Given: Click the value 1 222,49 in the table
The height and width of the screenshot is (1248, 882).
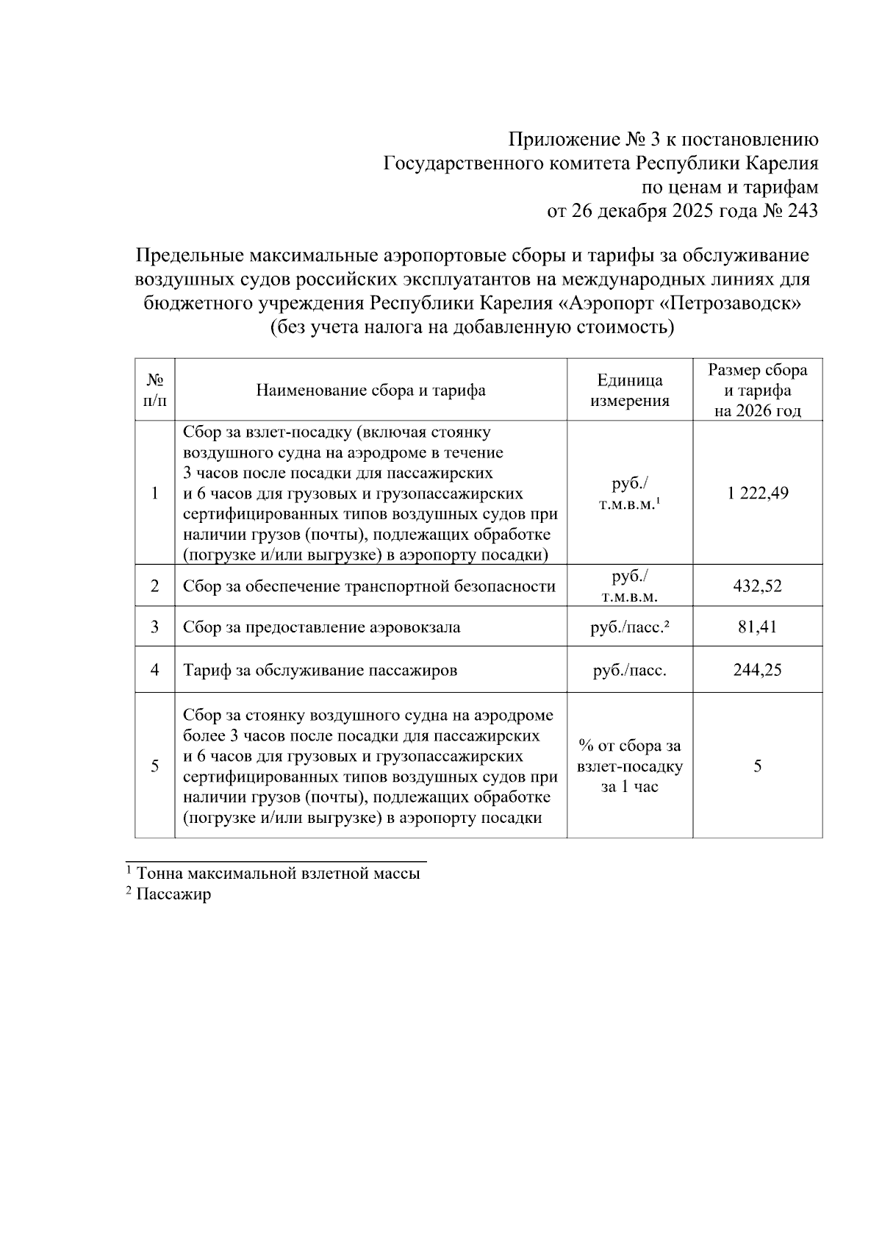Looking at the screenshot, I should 757,493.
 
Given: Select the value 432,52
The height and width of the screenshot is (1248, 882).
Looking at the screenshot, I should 757,586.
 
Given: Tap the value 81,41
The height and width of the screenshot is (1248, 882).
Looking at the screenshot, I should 757,627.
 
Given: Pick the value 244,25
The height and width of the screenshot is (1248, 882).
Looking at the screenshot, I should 757,669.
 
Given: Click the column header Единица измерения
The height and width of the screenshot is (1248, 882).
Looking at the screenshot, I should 629,390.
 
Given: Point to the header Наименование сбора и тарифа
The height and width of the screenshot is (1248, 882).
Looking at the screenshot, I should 370,390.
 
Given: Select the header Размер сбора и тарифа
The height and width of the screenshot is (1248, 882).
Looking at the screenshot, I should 757,390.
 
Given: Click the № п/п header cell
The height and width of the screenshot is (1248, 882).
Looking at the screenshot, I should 154,390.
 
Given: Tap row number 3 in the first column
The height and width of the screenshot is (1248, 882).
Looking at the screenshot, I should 154,627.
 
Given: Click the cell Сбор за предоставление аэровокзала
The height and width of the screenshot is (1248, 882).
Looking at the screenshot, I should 322,627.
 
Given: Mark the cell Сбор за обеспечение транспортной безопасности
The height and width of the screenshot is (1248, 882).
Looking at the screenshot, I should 369,586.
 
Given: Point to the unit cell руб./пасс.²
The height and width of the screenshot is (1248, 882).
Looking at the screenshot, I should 629,627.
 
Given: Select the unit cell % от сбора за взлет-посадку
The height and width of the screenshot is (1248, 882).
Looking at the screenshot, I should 629,766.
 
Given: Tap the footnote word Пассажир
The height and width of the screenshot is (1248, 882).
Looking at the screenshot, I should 173,894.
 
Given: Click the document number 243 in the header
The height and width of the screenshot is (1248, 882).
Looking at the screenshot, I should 802,211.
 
